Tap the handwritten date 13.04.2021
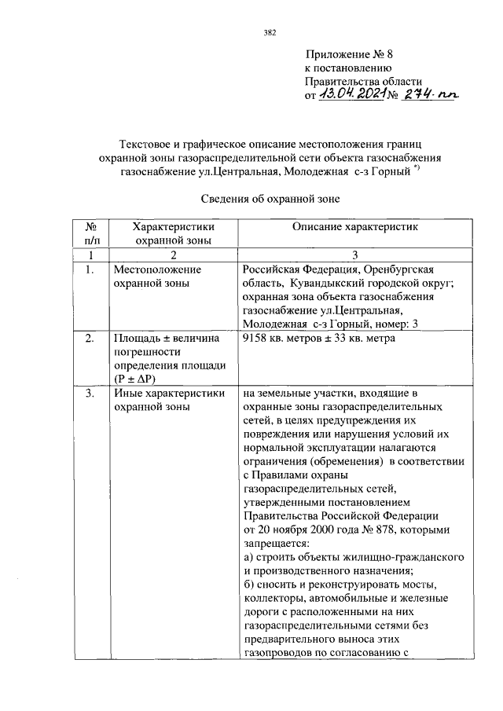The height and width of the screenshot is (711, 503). (351, 94)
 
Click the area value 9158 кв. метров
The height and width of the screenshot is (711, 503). (285, 339)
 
